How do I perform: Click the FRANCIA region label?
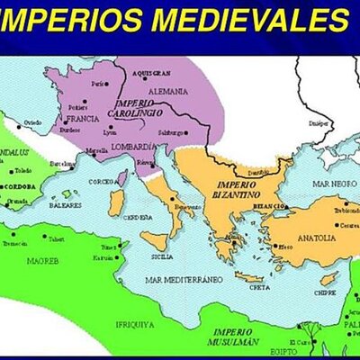[83, 118]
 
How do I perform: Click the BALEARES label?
[64, 204]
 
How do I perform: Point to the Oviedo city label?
[32, 121]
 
